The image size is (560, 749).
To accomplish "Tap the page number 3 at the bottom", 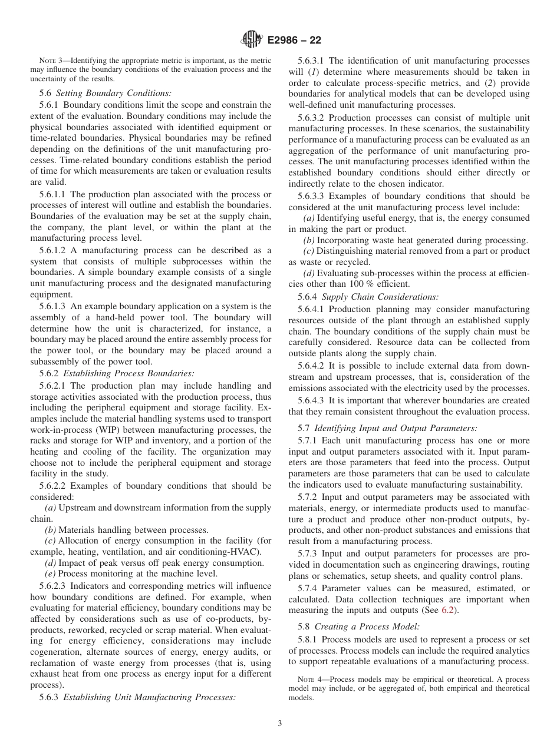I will click(280, 723).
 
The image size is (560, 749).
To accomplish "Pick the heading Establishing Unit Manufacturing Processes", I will click(149, 697).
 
